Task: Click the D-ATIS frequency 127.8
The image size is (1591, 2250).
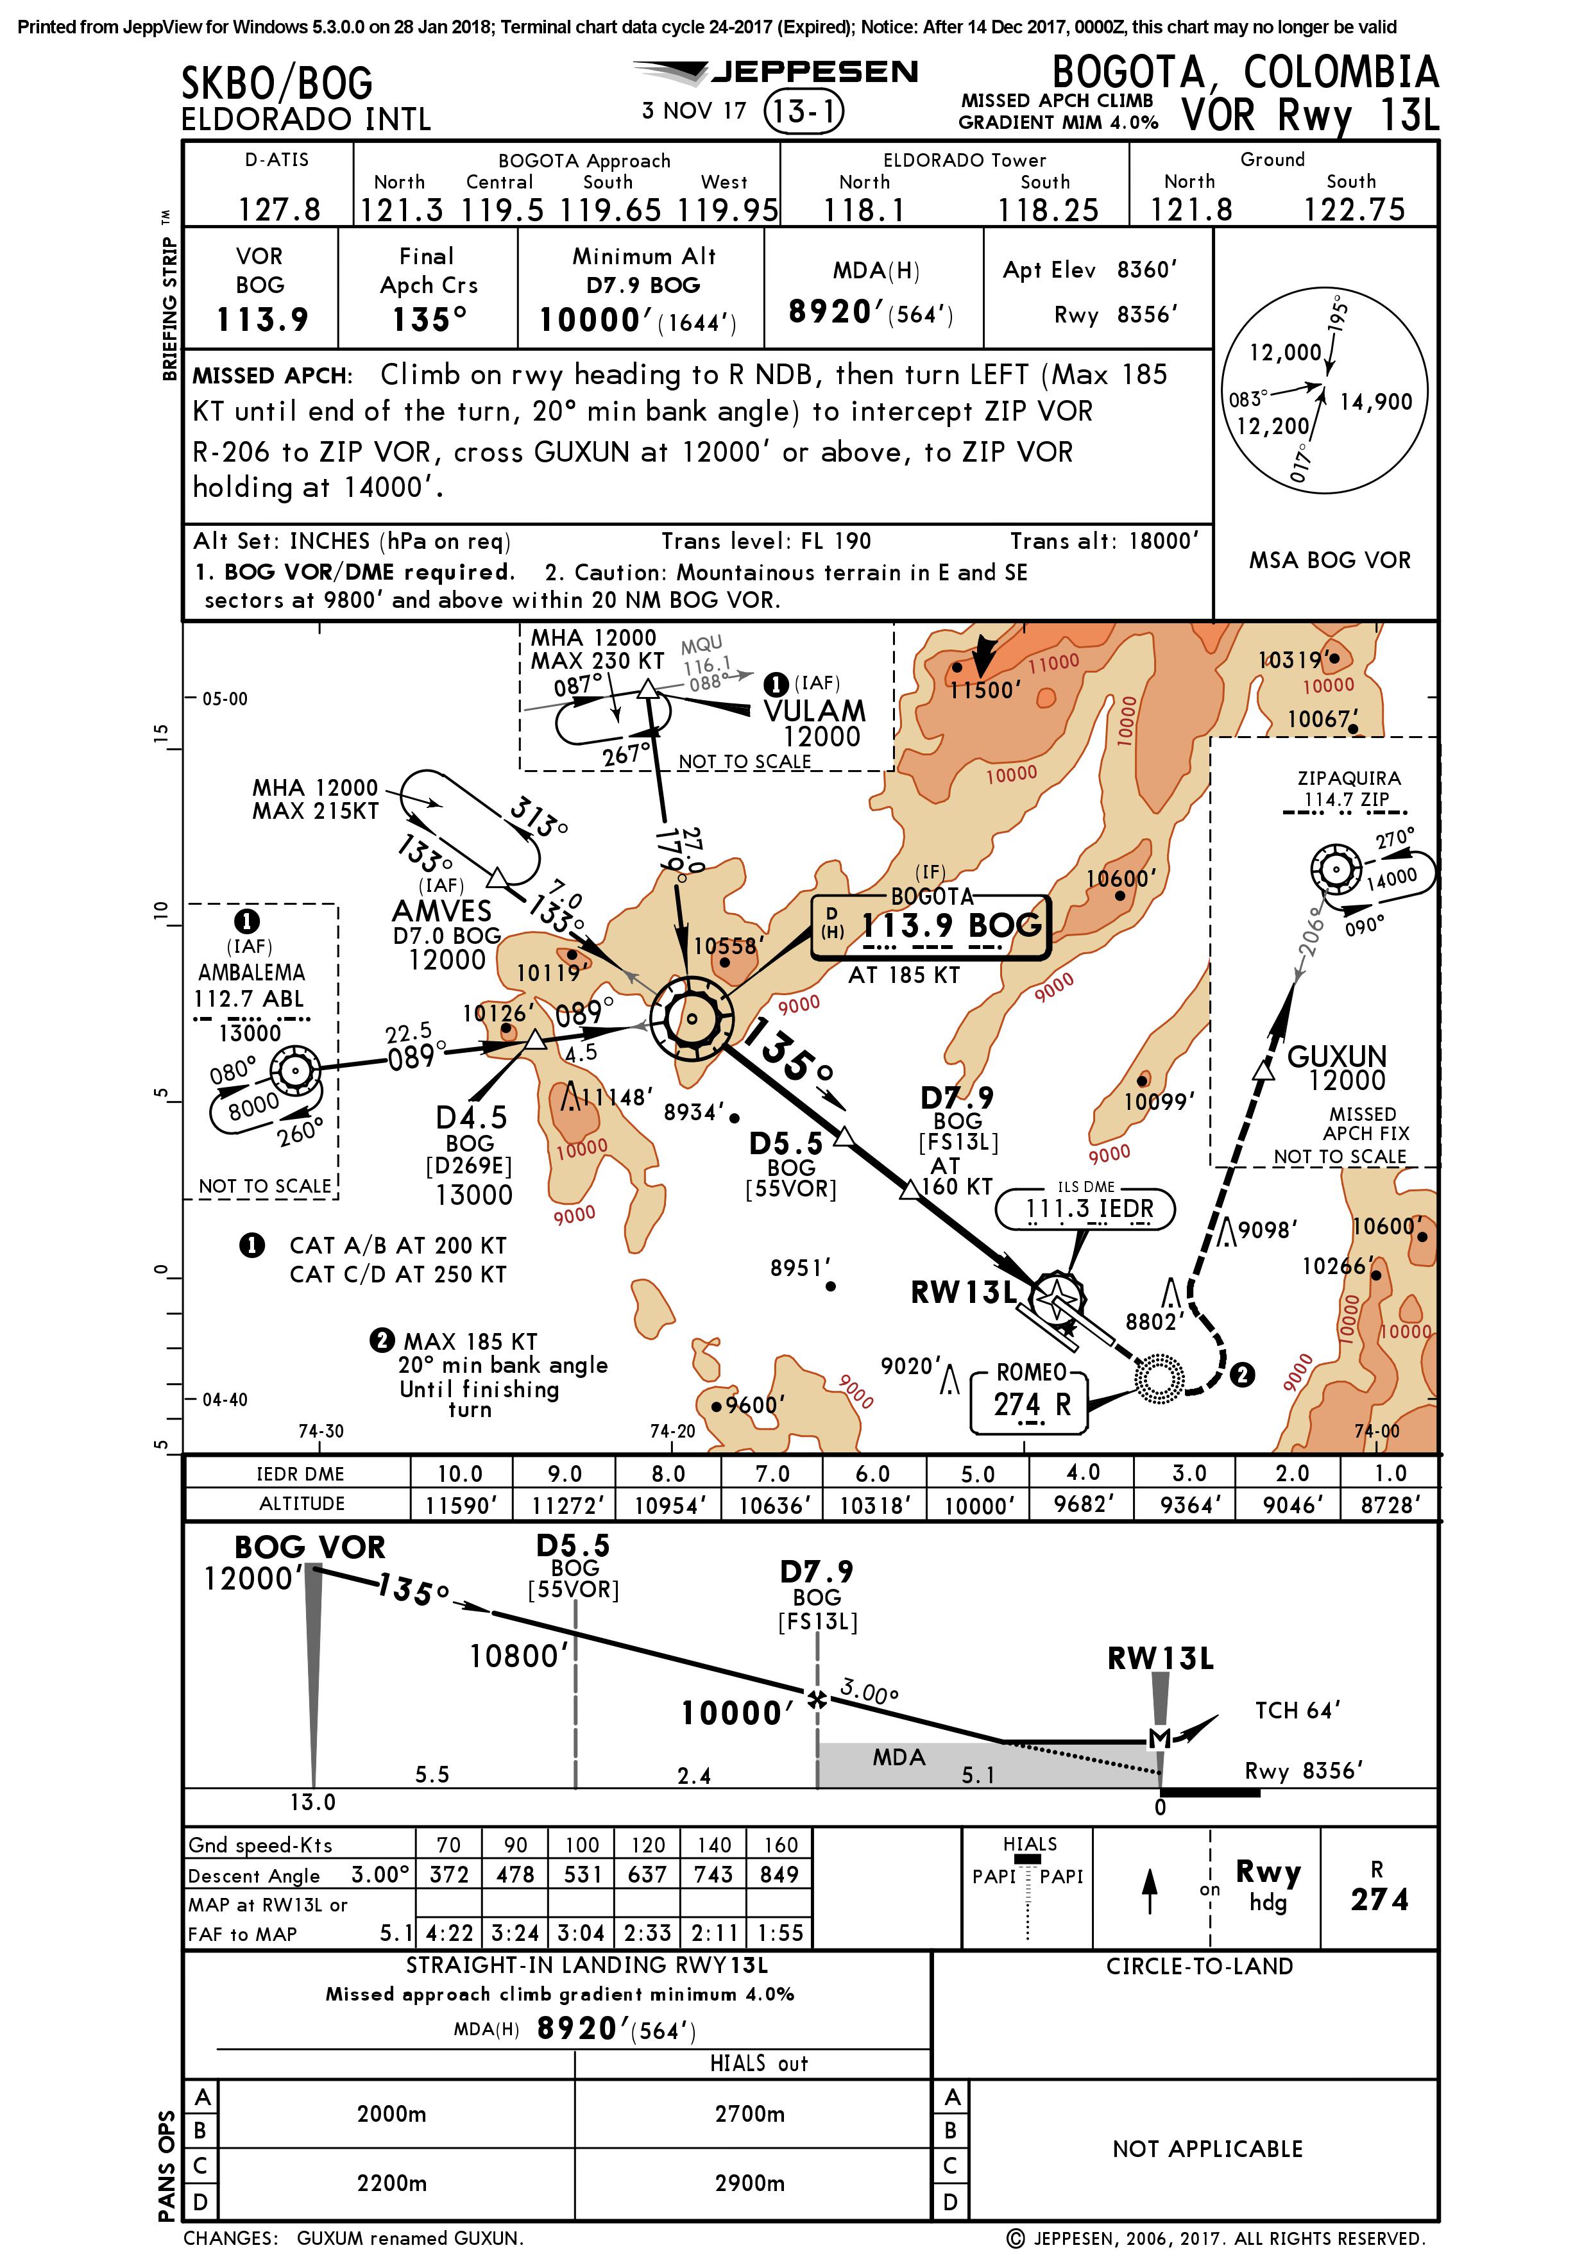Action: pyautogui.click(x=279, y=209)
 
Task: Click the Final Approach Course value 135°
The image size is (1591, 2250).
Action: pyautogui.click(x=429, y=319)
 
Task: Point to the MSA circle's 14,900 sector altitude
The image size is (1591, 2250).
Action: pyautogui.click(x=1375, y=402)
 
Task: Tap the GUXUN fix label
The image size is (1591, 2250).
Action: pyautogui.click(x=1336, y=1057)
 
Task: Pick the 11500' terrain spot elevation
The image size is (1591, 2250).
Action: pyautogui.click(x=985, y=690)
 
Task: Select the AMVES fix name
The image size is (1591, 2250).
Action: pyautogui.click(x=442, y=911)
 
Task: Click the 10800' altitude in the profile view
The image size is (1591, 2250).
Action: pyautogui.click(x=518, y=1656)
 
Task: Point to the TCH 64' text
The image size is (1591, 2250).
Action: pyautogui.click(x=1298, y=1710)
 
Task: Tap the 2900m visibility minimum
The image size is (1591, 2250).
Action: pyautogui.click(x=750, y=2183)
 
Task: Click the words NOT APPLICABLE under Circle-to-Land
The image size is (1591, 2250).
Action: pyautogui.click(x=1207, y=2149)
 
